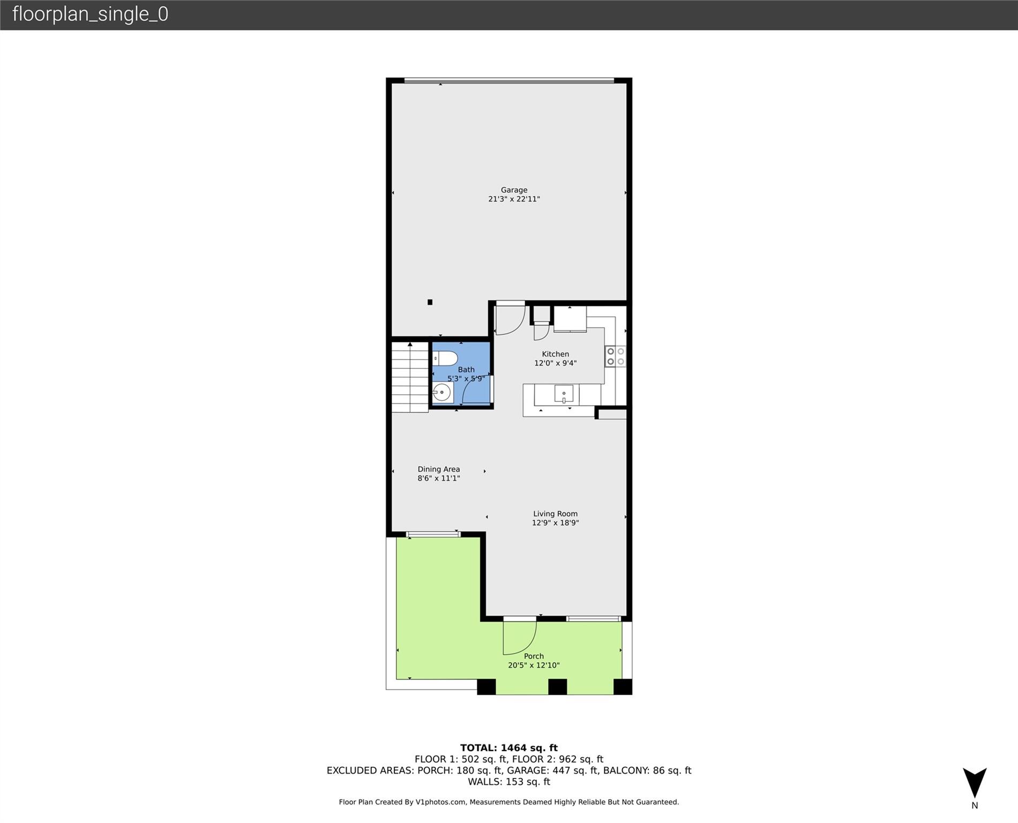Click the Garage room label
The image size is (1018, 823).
point(514,190)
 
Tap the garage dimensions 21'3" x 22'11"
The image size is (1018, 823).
point(514,199)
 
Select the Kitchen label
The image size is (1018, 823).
point(555,354)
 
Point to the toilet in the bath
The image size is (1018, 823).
point(444,358)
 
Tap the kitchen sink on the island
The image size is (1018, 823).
point(564,394)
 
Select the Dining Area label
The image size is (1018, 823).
point(439,469)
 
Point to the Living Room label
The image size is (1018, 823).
point(555,514)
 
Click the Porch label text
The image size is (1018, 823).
point(534,656)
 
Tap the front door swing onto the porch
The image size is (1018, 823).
point(519,637)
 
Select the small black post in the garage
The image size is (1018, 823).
point(430,302)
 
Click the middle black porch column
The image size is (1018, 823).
point(557,687)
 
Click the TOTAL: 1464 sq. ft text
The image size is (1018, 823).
point(508,748)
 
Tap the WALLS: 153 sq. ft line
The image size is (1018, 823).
point(509,782)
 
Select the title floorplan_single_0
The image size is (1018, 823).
point(91,14)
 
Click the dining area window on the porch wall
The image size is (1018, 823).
point(433,534)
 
